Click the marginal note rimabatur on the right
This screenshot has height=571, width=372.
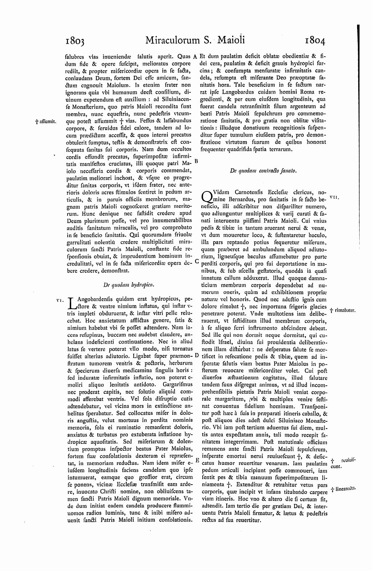tap(343, 310)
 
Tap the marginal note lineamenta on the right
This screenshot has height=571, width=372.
tap(343, 489)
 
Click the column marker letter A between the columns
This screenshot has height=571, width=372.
tap(195, 57)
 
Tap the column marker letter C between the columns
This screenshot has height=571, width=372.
tap(197, 261)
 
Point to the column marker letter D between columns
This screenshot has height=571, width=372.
tap(197, 355)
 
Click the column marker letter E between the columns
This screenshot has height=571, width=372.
tap(197, 460)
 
